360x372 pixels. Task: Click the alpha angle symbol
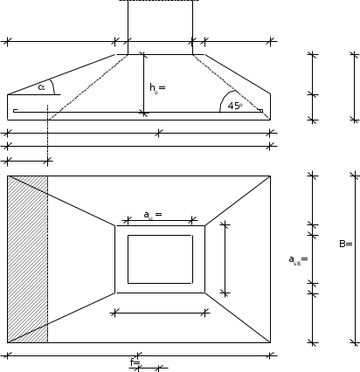41,87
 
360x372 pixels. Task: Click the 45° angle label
235,106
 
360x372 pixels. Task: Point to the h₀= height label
157,87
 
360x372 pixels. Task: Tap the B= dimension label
346,244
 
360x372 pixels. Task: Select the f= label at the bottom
135,362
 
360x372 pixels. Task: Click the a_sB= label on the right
298,259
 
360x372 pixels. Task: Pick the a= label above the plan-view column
153,215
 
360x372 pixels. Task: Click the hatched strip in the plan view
28,259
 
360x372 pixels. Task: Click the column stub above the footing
160,27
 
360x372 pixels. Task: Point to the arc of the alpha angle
52,86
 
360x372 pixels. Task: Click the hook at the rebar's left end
16,111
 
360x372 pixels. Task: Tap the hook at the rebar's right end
261,111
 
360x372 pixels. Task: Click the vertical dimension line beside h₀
143,83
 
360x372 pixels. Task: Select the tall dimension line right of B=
355,259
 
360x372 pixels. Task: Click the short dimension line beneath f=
149,369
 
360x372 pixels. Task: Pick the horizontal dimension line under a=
160,221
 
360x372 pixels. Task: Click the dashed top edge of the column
160,1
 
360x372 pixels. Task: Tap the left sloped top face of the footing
61,74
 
